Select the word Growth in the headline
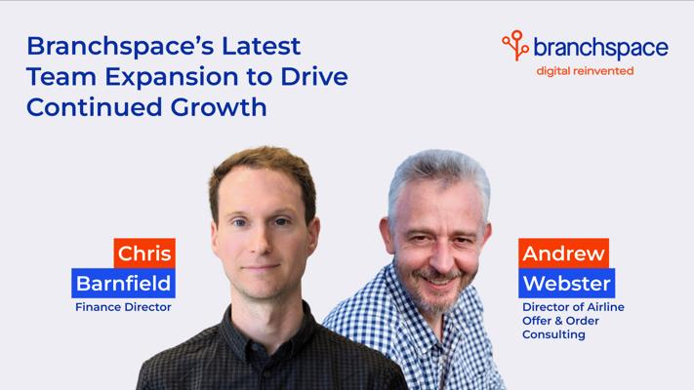click(219, 107)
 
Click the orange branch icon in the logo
click(515, 45)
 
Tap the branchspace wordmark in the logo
click(601, 48)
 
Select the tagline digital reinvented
click(585, 71)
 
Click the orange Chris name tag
click(144, 253)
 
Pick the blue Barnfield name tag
click(124, 283)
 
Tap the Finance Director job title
click(123, 307)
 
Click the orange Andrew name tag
click(564, 253)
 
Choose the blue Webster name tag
click(567, 283)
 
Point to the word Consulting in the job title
click(553, 334)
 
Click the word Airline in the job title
click(606, 307)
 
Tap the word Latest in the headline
click(262, 47)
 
